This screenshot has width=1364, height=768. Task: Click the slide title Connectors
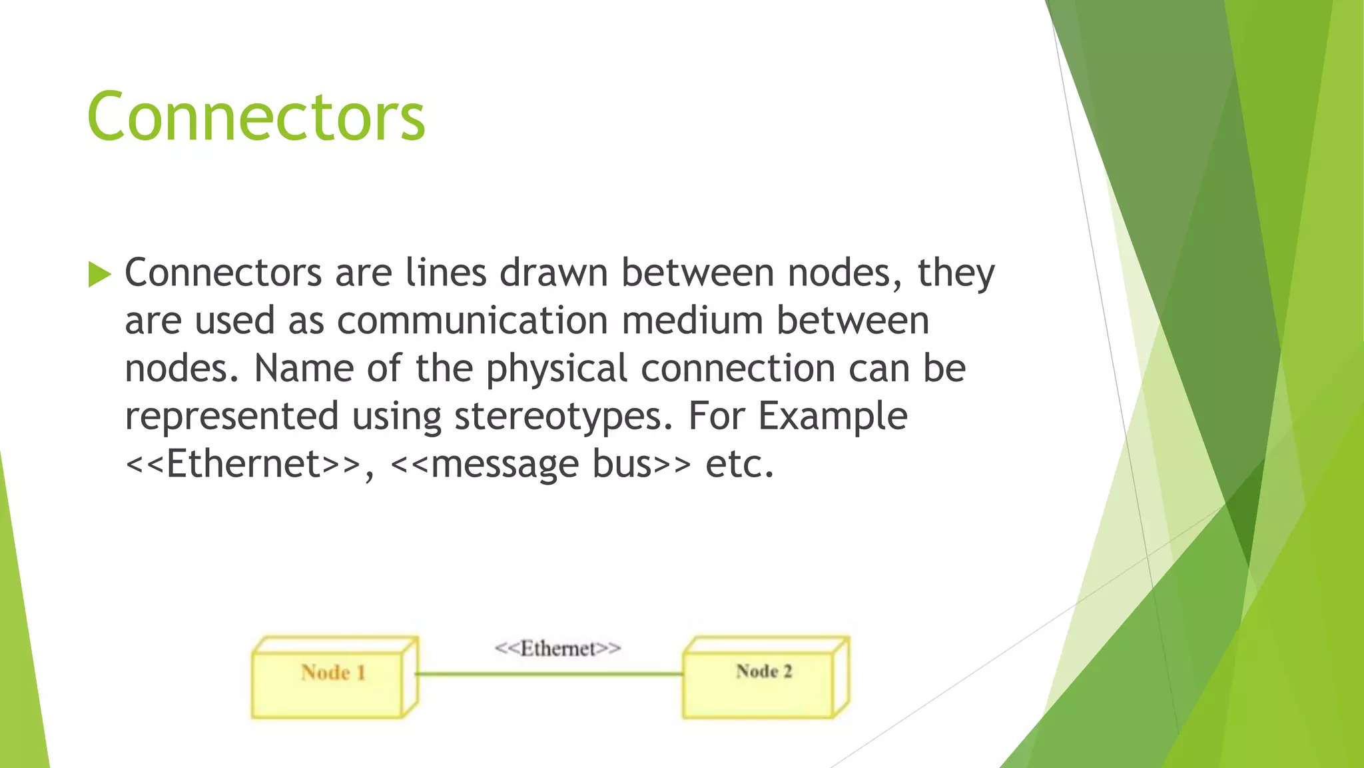pyautogui.click(x=256, y=117)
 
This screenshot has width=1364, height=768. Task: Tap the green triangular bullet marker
pyautogui.click(x=99, y=274)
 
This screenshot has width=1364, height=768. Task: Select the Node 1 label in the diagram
pyautogui.click(x=333, y=672)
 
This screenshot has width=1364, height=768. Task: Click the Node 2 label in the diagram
pyautogui.click(x=764, y=671)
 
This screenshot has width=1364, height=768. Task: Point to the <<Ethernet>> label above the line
pyautogui.click(x=557, y=648)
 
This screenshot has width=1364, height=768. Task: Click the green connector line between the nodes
pyautogui.click(x=549, y=674)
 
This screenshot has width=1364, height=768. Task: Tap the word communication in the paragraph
pyautogui.click(x=472, y=321)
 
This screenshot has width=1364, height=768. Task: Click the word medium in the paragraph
pyautogui.click(x=692, y=321)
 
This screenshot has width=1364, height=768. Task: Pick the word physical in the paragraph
pyautogui.click(x=557, y=369)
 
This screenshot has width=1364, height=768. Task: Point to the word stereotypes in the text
pyautogui.click(x=563, y=417)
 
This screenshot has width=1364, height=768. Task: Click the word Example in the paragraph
pyautogui.click(x=833, y=417)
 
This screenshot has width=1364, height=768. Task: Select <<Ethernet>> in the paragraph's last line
pyautogui.click(x=244, y=464)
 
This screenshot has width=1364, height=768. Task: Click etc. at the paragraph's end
pyautogui.click(x=740, y=464)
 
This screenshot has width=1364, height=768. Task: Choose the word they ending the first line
pyautogui.click(x=956, y=273)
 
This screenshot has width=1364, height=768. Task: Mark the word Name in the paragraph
pyautogui.click(x=303, y=369)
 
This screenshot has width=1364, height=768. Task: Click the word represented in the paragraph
pyautogui.click(x=232, y=417)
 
